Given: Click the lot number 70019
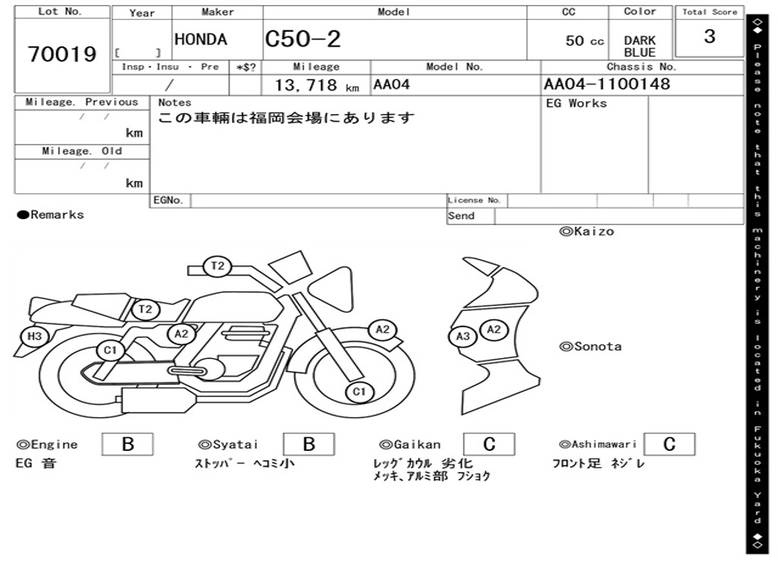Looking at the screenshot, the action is [x=62, y=54].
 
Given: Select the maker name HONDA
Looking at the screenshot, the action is [x=201, y=40].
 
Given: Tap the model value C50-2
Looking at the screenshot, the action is [x=302, y=39].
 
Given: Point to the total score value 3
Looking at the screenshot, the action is [x=710, y=36].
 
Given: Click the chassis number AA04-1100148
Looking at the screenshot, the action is [x=607, y=84].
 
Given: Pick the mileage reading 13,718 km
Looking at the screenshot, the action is [x=317, y=85].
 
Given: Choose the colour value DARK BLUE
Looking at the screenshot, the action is [x=640, y=46].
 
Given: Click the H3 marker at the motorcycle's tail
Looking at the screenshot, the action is [x=34, y=336].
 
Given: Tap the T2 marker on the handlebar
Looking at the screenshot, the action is [x=217, y=265].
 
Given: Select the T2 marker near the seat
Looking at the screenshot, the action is [x=145, y=309].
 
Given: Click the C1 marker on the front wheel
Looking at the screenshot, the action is [x=359, y=392].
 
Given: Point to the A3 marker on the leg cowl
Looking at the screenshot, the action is [x=463, y=336].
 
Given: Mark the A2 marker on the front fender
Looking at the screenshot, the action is [x=383, y=329].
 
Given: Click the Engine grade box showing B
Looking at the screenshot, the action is [x=128, y=444].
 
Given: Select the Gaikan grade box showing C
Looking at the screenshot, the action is [x=489, y=444].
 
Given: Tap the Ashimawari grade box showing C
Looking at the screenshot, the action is [x=669, y=444].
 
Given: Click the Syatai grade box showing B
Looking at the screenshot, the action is [x=308, y=444].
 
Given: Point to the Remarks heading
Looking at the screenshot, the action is [x=51, y=214].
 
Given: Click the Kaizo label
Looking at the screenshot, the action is [x=587, y=231].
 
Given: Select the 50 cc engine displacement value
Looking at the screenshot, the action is [x=584, y=41].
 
